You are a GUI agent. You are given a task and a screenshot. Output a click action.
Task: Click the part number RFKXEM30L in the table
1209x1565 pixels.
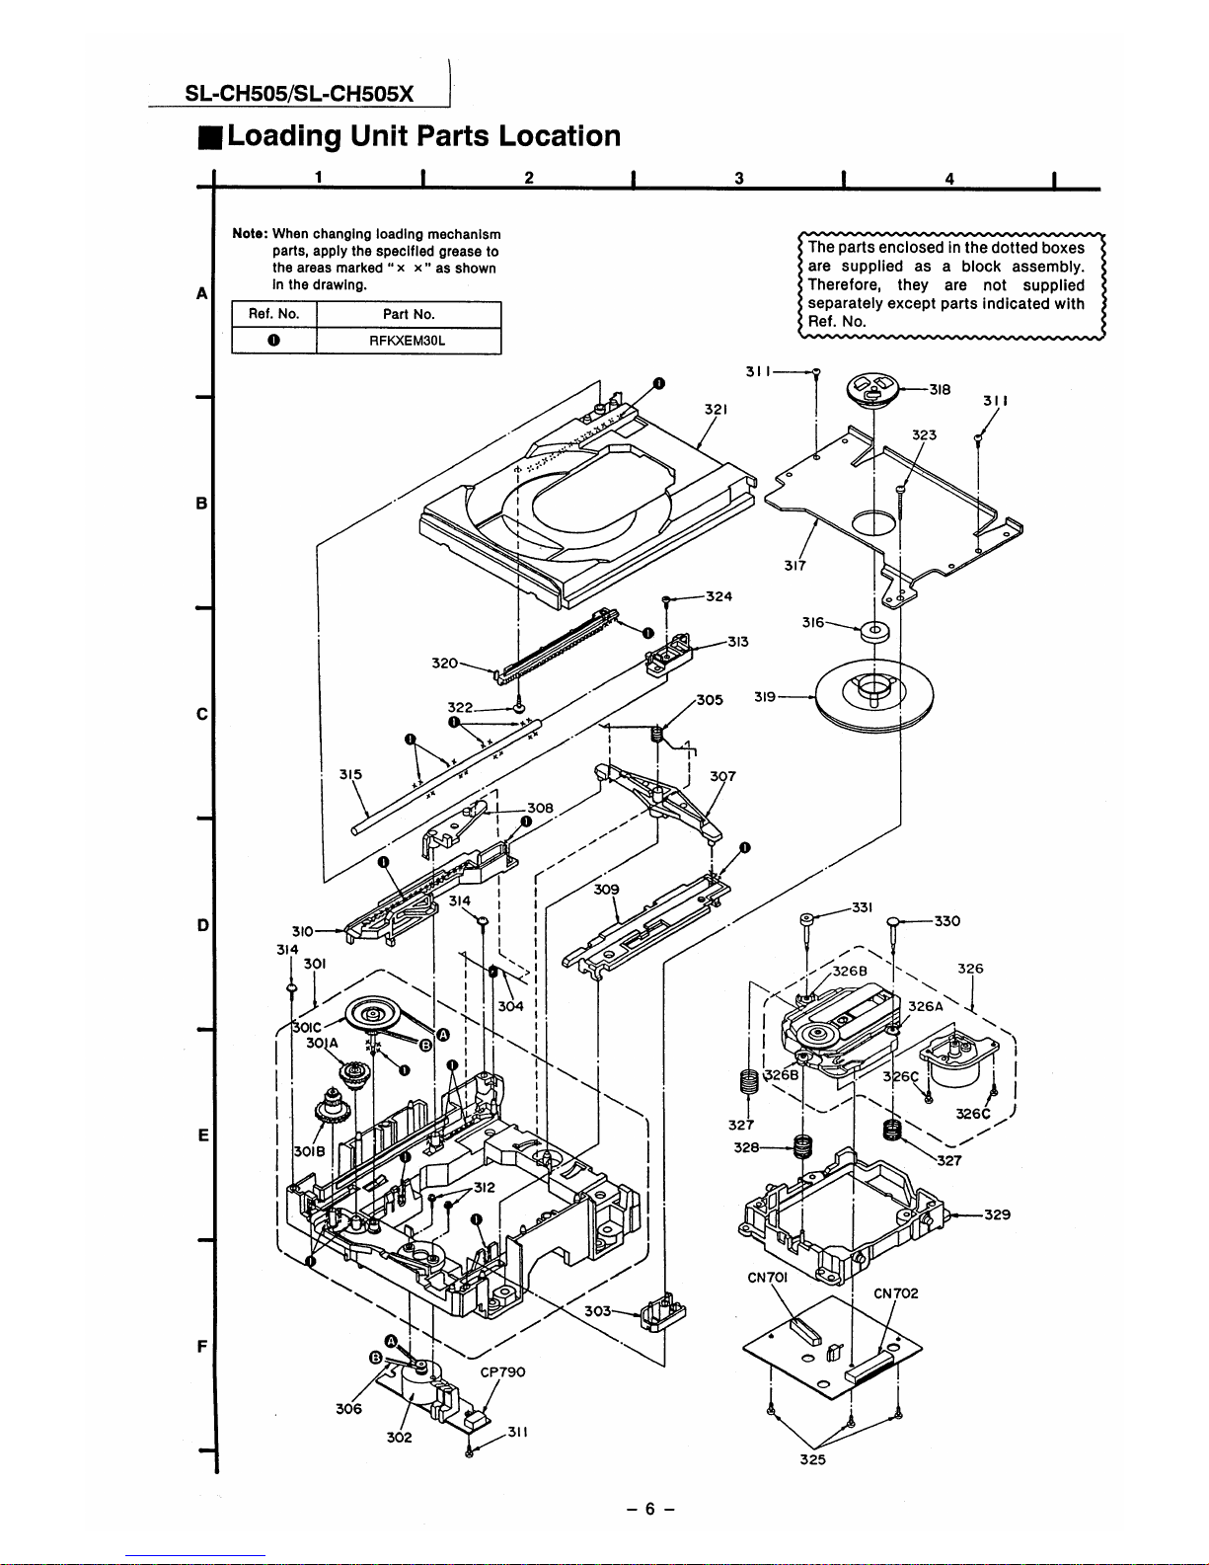tap(408, 341)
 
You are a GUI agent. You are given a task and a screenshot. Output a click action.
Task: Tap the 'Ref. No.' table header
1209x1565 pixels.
tap(273, 314)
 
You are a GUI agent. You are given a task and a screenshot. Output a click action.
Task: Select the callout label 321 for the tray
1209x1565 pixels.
tap(716, 409)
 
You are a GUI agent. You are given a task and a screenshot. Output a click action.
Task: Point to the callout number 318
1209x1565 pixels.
tap(940, 390)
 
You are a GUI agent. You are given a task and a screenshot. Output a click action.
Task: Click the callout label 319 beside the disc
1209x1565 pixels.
tap(765, 696)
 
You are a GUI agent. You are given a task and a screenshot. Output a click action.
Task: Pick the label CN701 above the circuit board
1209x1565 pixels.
tap(768, 1278)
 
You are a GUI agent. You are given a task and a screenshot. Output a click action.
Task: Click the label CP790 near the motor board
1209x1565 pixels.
tap(503, 1372)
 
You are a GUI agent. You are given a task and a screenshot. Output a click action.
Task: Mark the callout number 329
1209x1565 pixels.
tap(998, 1214)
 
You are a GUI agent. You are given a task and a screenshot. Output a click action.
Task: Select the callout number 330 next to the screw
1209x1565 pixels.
tap(947, 921)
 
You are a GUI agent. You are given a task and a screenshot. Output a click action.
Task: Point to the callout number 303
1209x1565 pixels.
tap(597, 1311)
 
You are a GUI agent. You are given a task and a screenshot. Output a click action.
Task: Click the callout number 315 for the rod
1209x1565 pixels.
tap(351, 774)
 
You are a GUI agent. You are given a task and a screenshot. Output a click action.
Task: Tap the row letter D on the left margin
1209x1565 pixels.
tap(203, 925)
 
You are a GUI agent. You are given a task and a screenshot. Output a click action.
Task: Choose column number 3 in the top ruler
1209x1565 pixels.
tap(739, 178)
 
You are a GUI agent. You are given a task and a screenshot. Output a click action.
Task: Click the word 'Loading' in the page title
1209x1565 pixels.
tap(284, 136)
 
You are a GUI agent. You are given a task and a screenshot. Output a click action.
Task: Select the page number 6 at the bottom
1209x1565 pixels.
tap(649, 1509)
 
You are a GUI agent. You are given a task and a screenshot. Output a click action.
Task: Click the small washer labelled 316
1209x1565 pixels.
tap(875, 632)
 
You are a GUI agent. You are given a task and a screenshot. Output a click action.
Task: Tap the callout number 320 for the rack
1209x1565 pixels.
tap(445, 663)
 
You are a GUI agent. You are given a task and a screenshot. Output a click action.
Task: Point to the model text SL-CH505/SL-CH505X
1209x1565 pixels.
tap(299, 94)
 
